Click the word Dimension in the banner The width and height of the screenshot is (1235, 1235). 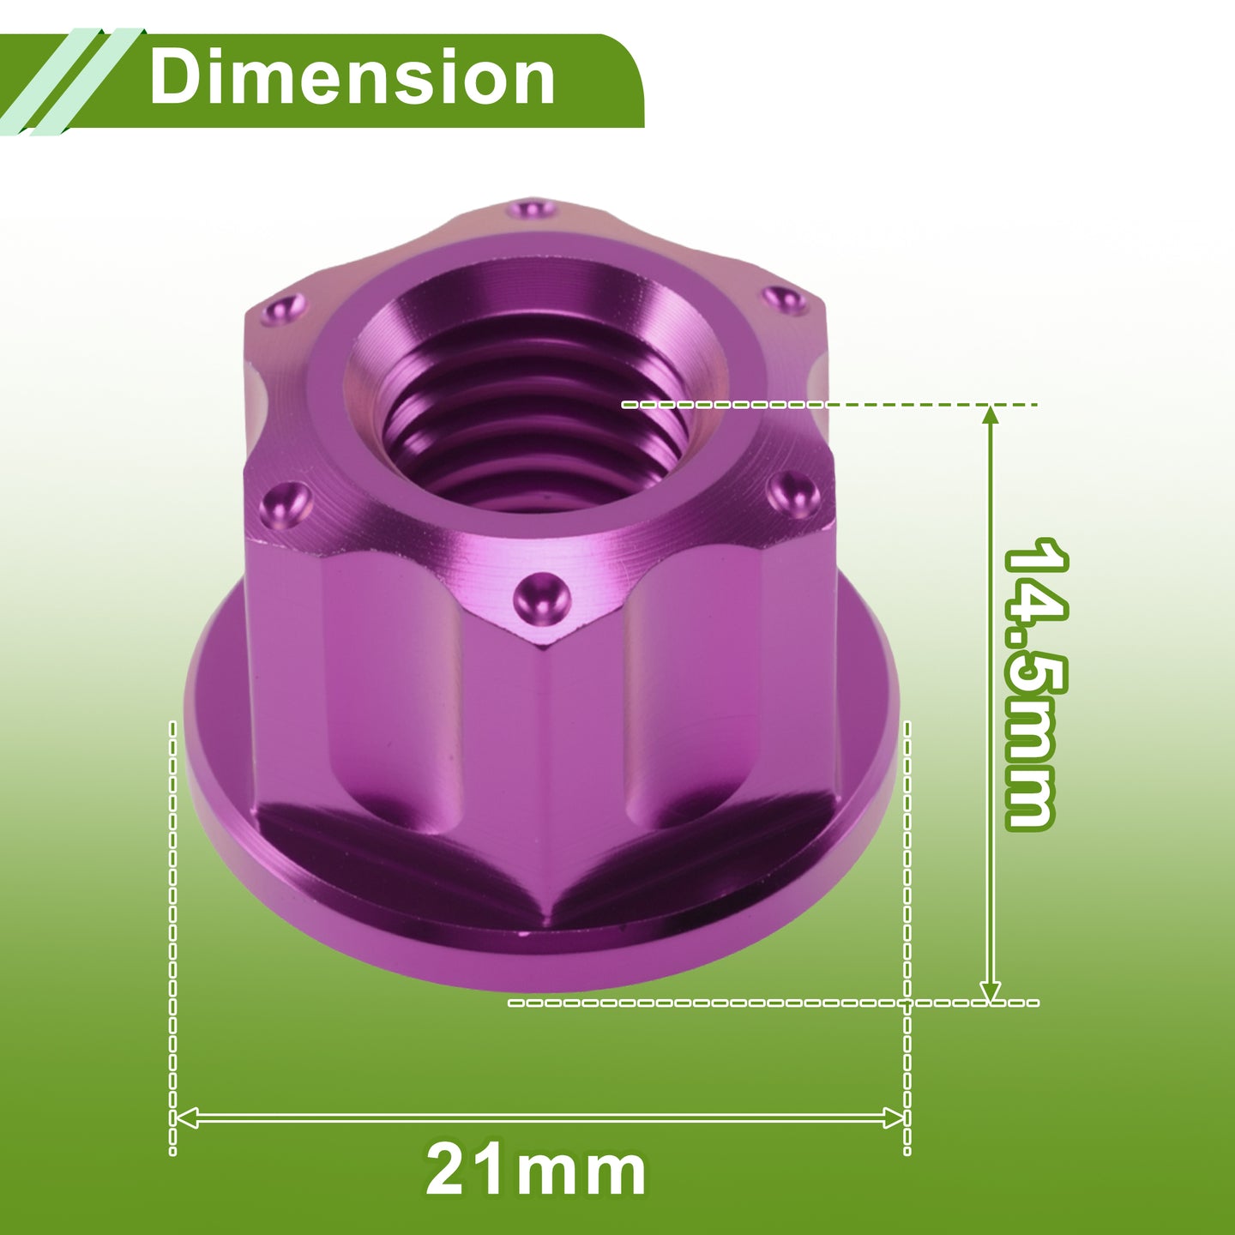352,77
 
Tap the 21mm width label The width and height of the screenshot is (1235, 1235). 536,1171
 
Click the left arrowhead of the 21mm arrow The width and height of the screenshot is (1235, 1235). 186,1118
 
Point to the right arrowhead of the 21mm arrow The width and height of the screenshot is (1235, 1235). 894,1118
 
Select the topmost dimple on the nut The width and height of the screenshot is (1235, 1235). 529,209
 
